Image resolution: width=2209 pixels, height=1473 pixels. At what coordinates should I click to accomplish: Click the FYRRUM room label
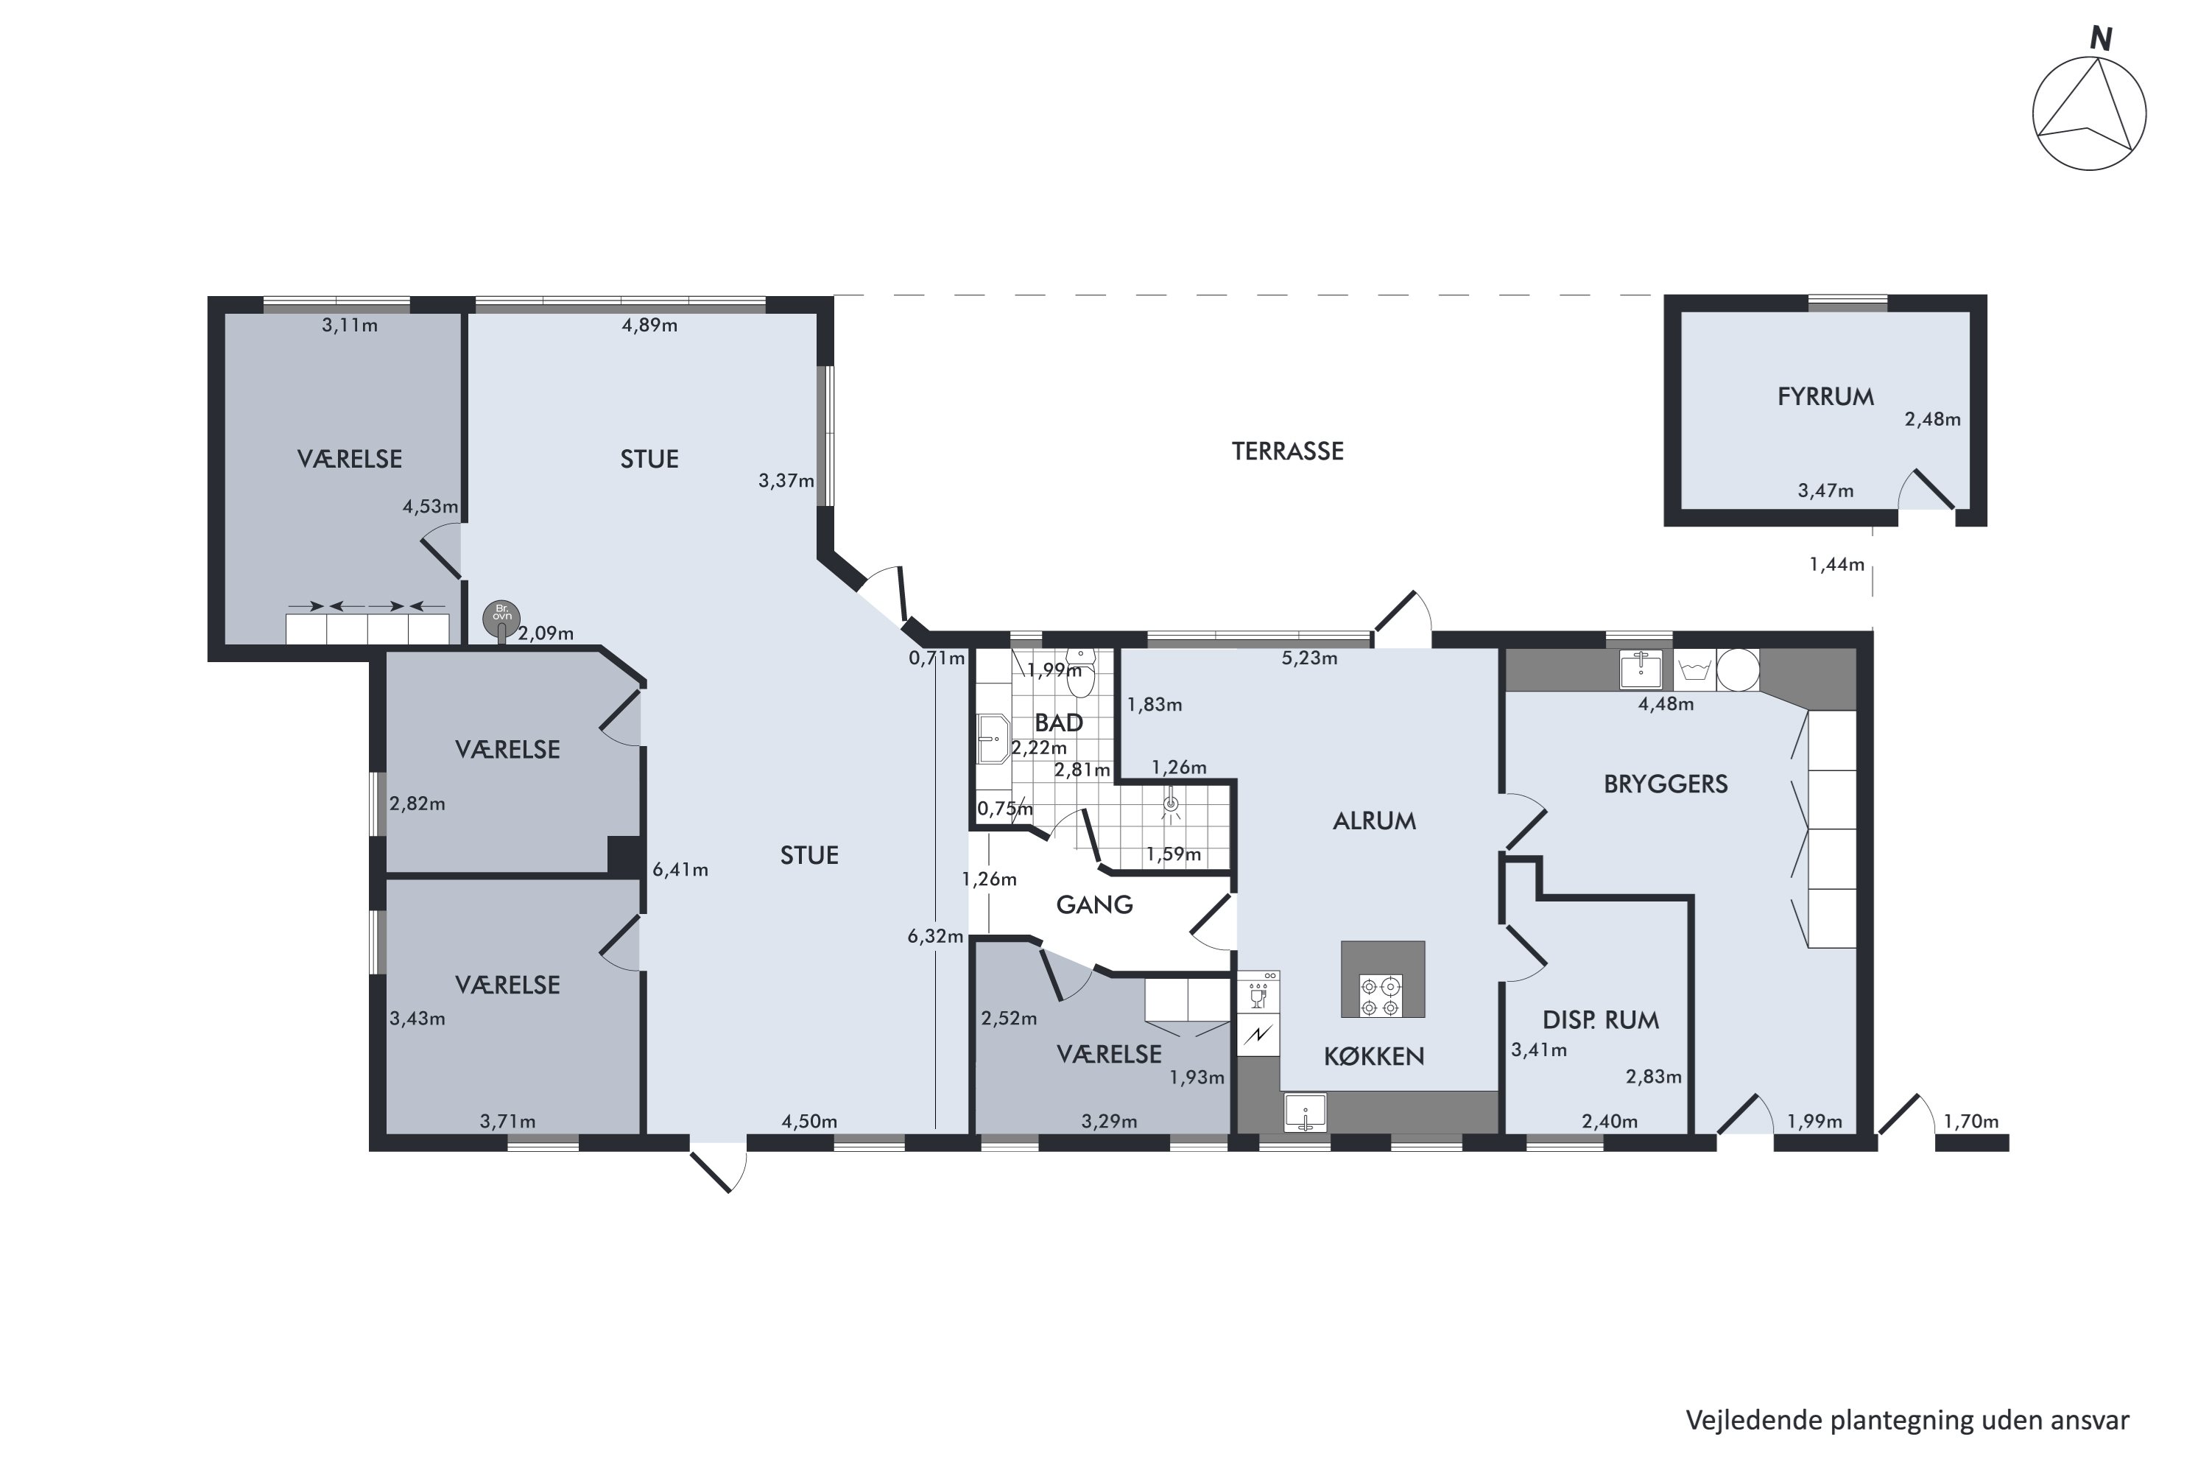[x=1825, y=396]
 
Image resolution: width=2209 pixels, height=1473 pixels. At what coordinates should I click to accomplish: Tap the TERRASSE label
[x=1288, y=451]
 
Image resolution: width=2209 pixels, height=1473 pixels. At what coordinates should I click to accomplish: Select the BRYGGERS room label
[x=1665, y=784]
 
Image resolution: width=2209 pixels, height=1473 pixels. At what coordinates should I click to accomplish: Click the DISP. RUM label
[x=1600, y=1019]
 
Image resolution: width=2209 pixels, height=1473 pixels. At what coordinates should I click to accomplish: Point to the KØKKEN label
[x=1374, y=1056]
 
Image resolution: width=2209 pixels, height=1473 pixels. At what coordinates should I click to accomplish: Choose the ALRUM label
[x=1374, y=821]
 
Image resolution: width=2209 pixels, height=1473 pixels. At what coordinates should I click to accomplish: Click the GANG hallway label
[x=1094, y=904]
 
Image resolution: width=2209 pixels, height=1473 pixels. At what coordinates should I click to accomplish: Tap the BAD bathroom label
[x=1059, y=723]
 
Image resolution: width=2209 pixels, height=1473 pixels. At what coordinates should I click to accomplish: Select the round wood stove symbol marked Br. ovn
[x=501, y=617]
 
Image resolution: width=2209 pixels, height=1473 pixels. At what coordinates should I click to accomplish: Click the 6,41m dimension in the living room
[x=680, y=870]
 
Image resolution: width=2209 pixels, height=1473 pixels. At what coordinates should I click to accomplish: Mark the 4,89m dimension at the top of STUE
[x=649, y=325]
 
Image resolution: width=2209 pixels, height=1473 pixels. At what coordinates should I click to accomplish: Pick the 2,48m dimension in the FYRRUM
[x=1932, y=419]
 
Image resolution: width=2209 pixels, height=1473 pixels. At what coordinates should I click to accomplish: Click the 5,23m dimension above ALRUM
[x=1309, y=658]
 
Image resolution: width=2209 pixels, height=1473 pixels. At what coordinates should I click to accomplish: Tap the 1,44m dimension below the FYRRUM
[x=1836, y=565]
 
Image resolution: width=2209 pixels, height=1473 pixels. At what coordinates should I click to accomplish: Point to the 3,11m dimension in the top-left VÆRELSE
[x=349, y=325]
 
